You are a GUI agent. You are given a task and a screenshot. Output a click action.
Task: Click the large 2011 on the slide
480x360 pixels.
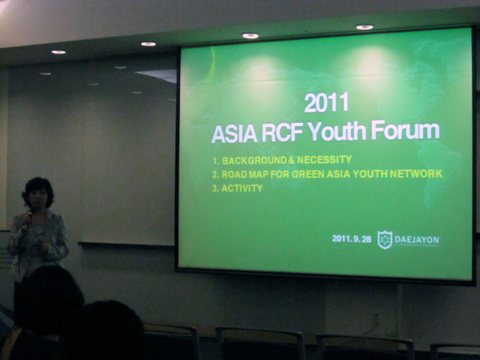pyautogui.click(x=326, y=102)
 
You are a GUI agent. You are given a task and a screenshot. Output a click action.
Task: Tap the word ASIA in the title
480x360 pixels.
pyautogui.click(x=234, y=133)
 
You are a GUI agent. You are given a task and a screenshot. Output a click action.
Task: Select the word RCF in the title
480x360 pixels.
pyautogui.click(x=282, y=132)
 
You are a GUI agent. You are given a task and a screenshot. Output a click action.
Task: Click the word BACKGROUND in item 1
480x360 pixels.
pyautogui.click(x=254, y=160)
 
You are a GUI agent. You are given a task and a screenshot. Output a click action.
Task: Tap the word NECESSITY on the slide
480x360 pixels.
pyautogui.click(x=324, y=160)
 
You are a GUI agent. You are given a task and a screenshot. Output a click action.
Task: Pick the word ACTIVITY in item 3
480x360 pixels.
pyautogui.click(x=241, y=188)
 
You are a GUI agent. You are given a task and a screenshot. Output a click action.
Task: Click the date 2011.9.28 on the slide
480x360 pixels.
pyautogui.click(x=352, y=238)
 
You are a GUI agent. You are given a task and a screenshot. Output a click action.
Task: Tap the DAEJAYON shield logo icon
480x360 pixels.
pyautogui.click(x=385, y=239)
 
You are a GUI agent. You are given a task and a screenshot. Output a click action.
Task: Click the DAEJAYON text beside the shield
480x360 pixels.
pyautogui.click(x=417, y=240)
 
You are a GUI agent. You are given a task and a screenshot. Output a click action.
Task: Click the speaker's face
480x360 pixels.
pyautogui.click(x=38, y=198)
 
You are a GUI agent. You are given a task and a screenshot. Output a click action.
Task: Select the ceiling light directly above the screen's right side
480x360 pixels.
pyautogui.click(x=364, y=27)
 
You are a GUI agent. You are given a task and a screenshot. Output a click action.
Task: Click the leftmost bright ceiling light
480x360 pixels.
pyautogui.click(x=58, y=52)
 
